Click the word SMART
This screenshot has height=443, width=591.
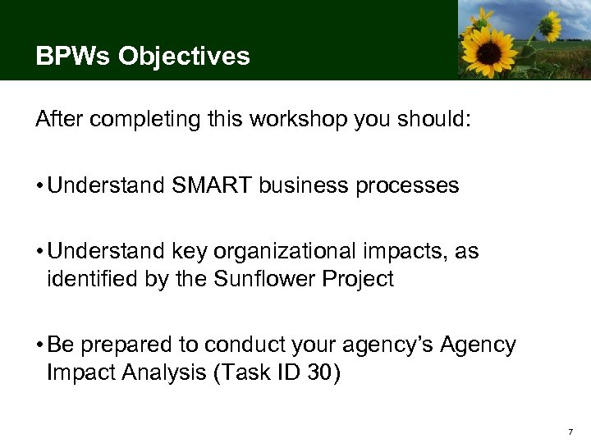click(x=211, y=186)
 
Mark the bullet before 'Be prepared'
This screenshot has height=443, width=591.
click(x=39, y=345)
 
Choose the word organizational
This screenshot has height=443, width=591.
click(x=291, y=252)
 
